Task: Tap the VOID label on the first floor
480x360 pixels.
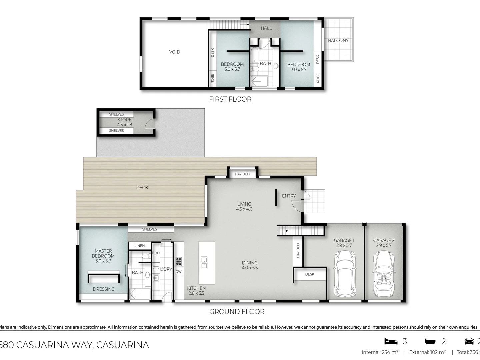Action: (175, 52)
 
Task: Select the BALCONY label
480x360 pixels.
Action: (338, 40)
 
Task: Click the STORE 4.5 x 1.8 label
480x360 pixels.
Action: (124, 122)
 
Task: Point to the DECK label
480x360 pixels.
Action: (142, 188)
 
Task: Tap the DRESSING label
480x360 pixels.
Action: (104, 289)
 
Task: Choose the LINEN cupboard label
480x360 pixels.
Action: (140, 246)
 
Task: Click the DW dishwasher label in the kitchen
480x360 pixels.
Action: (179, 272)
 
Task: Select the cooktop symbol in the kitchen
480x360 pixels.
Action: (179, 261)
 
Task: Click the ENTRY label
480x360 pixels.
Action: (289, 196)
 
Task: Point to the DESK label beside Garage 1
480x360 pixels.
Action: (310, 274)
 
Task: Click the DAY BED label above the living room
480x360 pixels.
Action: (242, 174)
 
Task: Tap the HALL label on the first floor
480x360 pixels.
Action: (266, 28)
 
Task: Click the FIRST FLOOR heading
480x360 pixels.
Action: (230, 99)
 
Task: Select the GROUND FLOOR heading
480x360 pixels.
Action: (237, 312)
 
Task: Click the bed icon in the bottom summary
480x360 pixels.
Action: (391, 341)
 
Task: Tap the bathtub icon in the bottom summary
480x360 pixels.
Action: (430, 341)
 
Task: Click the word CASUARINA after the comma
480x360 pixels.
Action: (122, 345)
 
